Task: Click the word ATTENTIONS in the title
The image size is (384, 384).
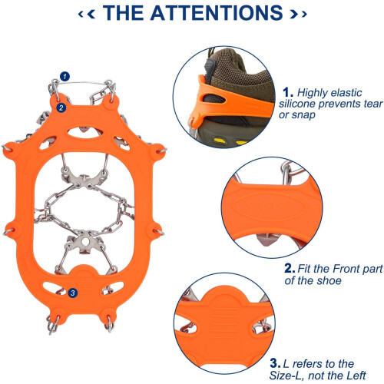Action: pos(217,13)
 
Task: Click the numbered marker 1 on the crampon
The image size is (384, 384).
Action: pos(65,76)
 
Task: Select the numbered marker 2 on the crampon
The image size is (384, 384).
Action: pos(61,108)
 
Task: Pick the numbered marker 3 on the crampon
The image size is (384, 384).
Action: pos(73,293)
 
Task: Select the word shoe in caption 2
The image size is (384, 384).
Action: pos(329,280)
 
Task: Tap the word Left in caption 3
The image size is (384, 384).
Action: pos(356,376)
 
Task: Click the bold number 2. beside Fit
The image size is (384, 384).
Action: pos(290,269)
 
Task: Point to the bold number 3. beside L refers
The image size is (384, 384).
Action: pos(276,363)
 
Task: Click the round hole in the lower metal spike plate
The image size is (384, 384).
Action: pos(84,241)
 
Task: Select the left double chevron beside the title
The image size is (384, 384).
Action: pos(87,14)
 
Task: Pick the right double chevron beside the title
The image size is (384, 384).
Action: pos(298,14)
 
